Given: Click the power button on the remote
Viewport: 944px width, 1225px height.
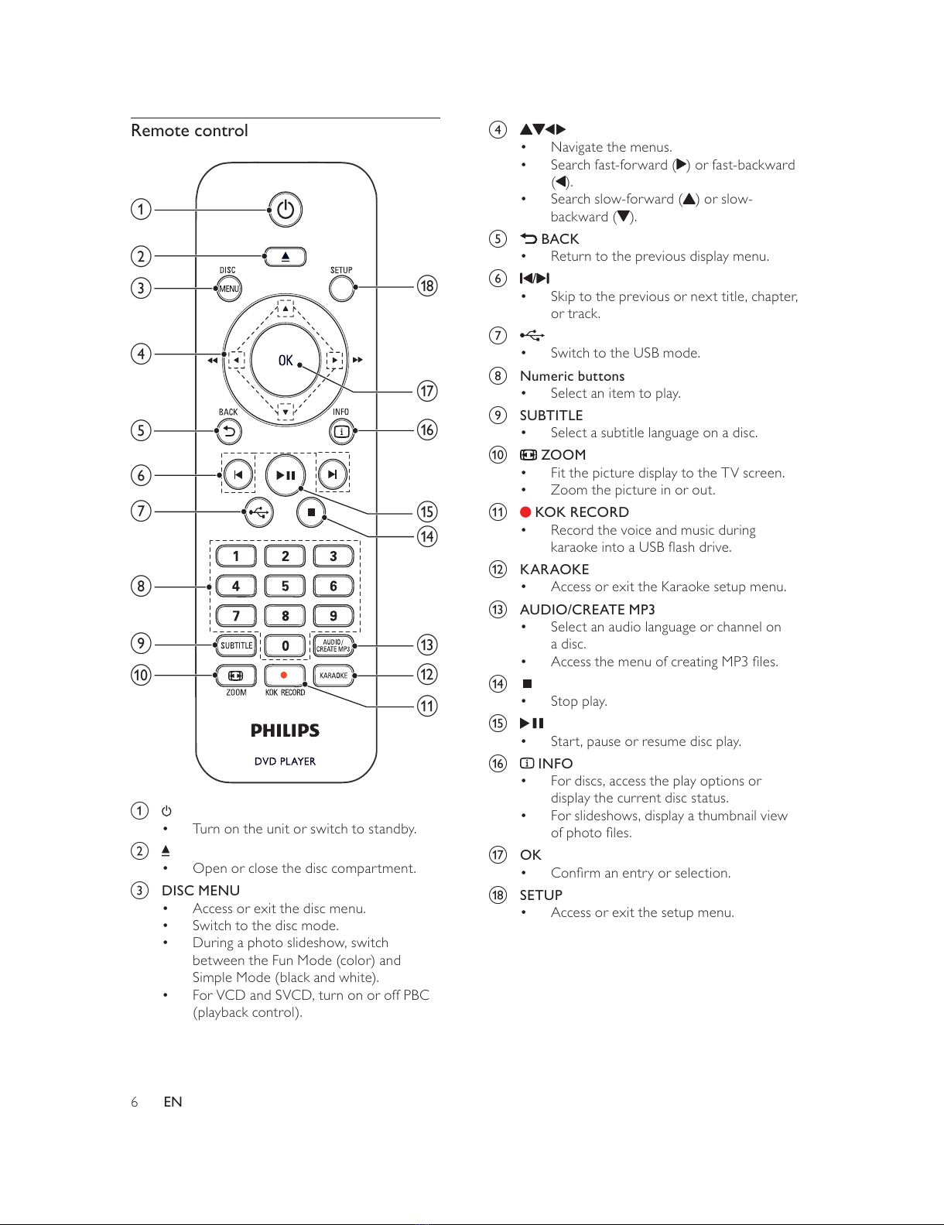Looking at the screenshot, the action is [286, 210].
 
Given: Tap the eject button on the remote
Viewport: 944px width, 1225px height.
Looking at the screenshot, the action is [286, 257].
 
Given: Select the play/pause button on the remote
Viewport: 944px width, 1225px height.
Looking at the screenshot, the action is [286, 475].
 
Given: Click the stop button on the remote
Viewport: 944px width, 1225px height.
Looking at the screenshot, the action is [311, 512].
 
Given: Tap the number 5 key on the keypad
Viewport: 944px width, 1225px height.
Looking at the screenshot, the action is [286, 587].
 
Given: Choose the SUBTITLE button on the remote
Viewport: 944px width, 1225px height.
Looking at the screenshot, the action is [236, 645].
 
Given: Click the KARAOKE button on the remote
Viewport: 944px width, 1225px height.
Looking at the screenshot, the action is [333, 676].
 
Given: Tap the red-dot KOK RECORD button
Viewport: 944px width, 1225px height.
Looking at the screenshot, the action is [285, 676].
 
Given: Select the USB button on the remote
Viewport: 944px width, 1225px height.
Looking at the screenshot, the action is [258, 512].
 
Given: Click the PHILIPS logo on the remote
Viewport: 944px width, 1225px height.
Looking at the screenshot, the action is [286, 731].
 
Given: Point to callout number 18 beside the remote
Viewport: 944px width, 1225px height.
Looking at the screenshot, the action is [427, 286].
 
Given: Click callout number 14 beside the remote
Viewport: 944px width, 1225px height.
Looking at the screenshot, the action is [427, 536].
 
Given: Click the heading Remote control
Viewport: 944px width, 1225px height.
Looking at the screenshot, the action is [190, 131].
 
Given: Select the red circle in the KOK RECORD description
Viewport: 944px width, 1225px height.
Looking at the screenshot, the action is [526, 512].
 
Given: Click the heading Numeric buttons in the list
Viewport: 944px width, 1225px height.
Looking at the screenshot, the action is [572, 376].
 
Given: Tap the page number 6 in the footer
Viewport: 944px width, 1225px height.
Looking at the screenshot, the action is [134, 1101].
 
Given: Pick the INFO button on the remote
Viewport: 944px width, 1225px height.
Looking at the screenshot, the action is [341, 432].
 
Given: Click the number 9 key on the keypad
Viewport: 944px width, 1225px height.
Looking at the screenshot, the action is [333, 616].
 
